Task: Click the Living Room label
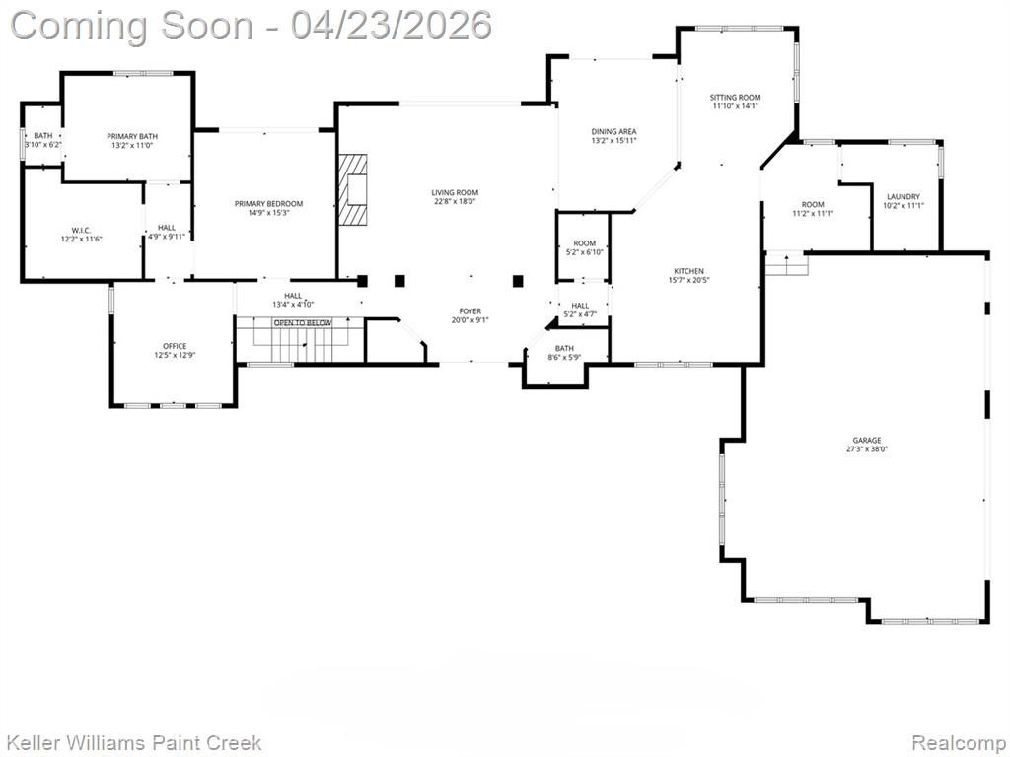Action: tap(455, 192)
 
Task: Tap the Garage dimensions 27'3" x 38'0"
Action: tap(866, 449)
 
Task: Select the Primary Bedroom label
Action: tap(268, 204)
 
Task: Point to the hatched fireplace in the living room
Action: tap(353, 189)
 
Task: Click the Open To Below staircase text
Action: tap(303, 323)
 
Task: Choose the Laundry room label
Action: tap(903, 197)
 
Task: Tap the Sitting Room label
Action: tap(735, 98)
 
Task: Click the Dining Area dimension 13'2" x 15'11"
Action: tap(613, 140)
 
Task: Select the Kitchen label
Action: tap(688, 271)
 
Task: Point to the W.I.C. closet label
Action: tap(81, 230)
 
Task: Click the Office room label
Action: tap(175, 346)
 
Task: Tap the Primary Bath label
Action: tap(132, 136)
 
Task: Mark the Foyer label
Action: tap(470, 311)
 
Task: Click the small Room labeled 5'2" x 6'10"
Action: tap(584, 247)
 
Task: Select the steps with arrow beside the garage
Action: tap(786, 264)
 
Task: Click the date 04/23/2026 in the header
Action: tap(391, 26)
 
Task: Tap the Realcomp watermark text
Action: tap(959, 742)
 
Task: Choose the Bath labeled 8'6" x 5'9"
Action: tap(564, 353)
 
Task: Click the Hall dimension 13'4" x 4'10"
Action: tap(293, 305)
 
